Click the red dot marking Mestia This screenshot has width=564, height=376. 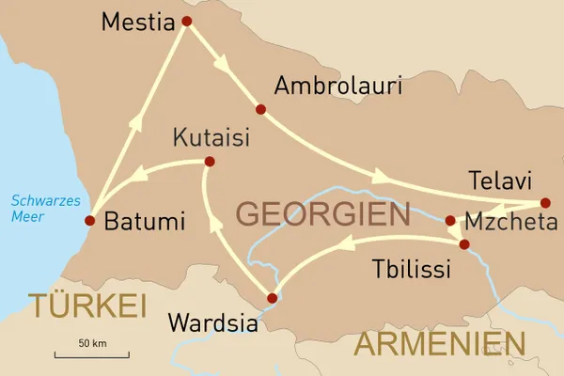(186, 21)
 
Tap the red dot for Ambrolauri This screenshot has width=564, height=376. (261, 110)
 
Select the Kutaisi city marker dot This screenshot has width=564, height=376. (209, 163)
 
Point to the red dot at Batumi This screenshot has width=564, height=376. (89, 221)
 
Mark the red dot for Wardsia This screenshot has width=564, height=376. (272, 299)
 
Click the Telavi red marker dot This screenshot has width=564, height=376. (545, 202)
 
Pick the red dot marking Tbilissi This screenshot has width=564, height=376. (463, 244)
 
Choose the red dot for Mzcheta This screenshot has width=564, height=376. (450, 222)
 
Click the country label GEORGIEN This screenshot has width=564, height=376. (322, 214)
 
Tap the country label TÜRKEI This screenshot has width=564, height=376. (86, 305)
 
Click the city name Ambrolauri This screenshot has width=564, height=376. (337, 86)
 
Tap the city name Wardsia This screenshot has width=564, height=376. (211, 323)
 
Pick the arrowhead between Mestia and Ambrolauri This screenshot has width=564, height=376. (223, 69)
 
